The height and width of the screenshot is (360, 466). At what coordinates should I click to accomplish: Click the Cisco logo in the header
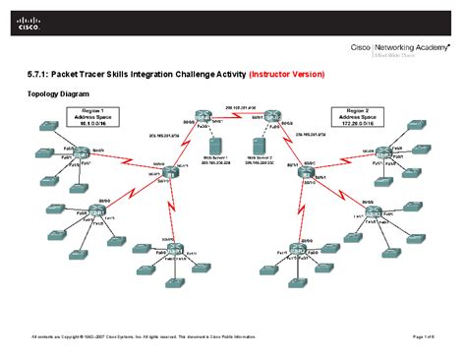(27, 22)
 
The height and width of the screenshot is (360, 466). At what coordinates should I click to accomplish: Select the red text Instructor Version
(288, 75)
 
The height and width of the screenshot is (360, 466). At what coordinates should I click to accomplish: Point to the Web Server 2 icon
(259, 148)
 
